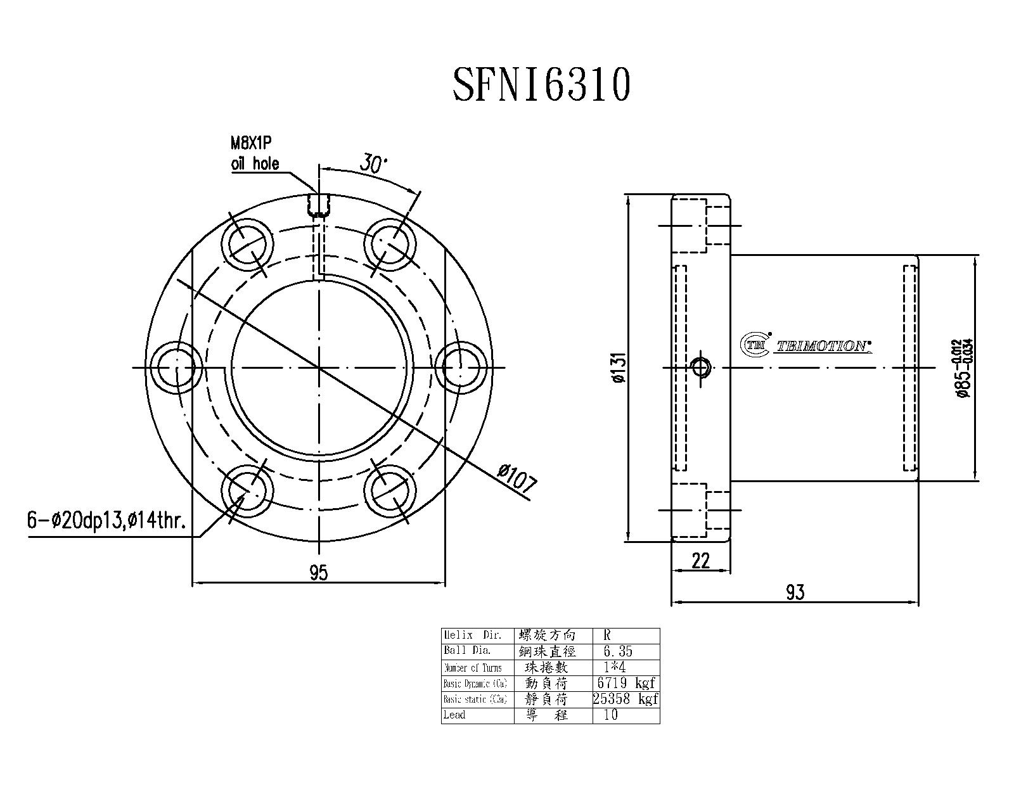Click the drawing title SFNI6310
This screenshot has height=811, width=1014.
pyautogui.click(x=542, y=85)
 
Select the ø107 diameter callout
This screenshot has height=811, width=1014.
pyautogui.click(x=518, y=479)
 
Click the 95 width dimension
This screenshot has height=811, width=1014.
pyautogui.click(x=318, y=573)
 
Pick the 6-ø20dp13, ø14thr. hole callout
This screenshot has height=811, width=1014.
pyautogui.click(x=106, y=521)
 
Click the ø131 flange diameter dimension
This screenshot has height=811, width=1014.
pyautogui.click(x=619, y=367)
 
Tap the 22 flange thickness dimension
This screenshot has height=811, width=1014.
pyautogui.click(x=700, y=561)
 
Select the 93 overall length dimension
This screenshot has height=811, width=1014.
pyautogui.click(x=795, y=592)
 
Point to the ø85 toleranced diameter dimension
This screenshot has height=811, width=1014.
pyautogui.click(x=965, y=367)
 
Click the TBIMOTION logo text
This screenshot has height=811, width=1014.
pyautogui.click(x=823, y=346)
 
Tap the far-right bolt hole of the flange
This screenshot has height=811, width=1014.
pyautogui.click(x=461, y=367)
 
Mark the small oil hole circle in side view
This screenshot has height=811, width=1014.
pyautogui.click(x=702, y=367)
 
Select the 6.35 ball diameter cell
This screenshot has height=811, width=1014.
pyautogui.click(x=614, y=651)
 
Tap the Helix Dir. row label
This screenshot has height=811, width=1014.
pyautogui.click(x=473, y=635)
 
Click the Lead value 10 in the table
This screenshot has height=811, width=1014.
pyautogui.click(x=611, y=715)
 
